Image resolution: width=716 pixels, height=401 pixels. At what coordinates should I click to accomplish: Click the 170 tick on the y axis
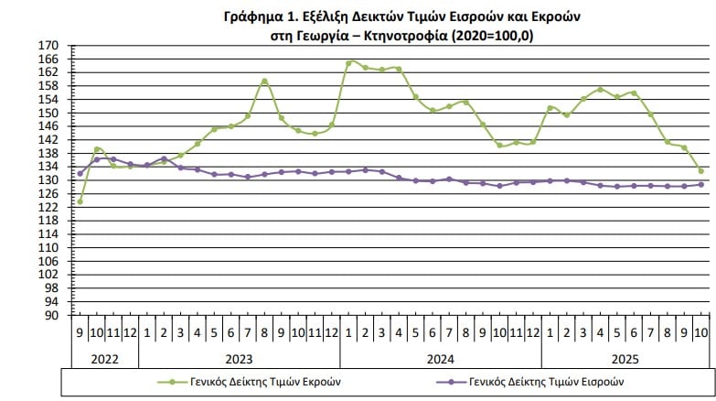coord(48,46)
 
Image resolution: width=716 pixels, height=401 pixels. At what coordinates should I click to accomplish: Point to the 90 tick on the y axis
coord(51,315)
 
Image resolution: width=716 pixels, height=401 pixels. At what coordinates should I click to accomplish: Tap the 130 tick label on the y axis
coord(48,180)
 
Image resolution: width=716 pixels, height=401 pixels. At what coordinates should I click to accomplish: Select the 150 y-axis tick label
coord(48,114)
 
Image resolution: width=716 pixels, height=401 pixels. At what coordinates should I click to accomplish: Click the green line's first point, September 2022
coord(80,200)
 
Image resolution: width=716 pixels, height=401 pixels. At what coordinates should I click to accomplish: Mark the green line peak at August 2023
coord(264,81)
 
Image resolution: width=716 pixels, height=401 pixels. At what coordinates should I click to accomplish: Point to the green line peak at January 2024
coord(348,63)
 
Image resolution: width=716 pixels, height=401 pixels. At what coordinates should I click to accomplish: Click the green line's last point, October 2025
coord(701,171)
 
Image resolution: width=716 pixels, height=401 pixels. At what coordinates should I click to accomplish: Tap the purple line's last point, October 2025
coord(701,184)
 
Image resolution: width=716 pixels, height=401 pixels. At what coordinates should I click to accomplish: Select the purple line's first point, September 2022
coord(80,173)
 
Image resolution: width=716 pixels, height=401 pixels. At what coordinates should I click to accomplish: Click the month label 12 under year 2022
coord(130,332)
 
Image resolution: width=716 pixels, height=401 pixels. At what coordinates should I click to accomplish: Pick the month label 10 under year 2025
coord(701,332)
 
